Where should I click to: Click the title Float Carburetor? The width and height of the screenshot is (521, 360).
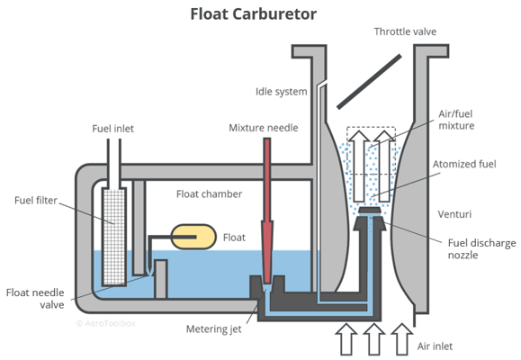pyautogui.click(x=260, y=14)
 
